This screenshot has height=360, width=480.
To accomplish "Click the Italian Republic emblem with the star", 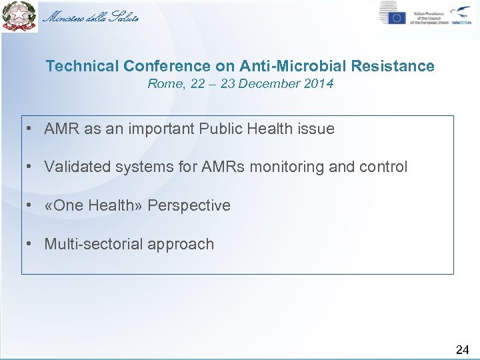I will (19, 17).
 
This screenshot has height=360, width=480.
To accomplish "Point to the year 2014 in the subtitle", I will (317, 84).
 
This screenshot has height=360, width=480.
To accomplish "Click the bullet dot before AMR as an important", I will (31, 129).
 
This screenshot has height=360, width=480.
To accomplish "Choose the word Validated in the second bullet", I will (77, 167).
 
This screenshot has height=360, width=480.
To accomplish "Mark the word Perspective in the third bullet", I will (189, 205).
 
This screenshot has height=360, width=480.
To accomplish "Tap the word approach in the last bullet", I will (181, 245).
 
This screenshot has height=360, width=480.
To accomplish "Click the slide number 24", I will (462, 349).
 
